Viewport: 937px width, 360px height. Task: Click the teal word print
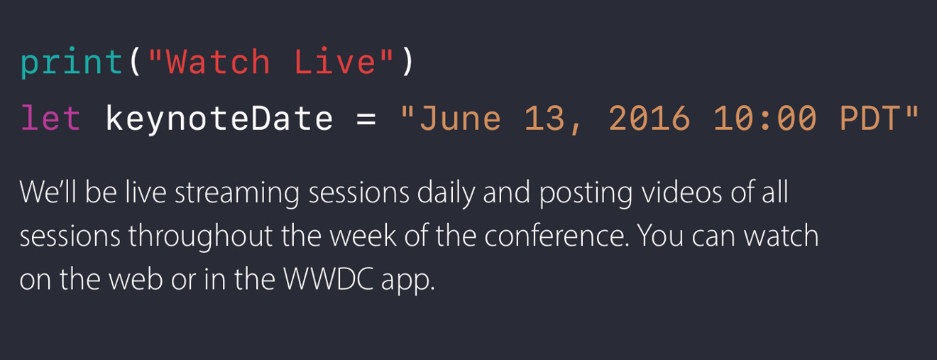click(72, 62)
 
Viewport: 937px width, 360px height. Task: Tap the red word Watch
click(219, 62)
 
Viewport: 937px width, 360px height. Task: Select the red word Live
click(335, 62)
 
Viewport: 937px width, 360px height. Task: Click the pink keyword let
click(50, 118)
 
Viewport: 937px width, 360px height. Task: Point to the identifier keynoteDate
click(219, 119)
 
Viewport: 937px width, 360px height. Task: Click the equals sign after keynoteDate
click(366, 119)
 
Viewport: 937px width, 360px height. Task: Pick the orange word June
click(460, 119)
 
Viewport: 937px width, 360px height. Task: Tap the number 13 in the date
click(544, 119)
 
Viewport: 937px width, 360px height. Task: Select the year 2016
click(649, 119)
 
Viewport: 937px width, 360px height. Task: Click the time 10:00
click(765, 119)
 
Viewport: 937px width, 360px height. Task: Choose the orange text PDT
click(870, 119)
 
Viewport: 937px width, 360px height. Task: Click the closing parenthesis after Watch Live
click(408, 62)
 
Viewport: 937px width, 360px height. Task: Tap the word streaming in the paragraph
click(237, 193)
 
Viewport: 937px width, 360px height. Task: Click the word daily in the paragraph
click(446, 193)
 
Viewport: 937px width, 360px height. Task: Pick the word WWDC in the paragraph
click(329, 279)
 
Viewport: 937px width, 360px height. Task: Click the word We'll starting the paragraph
click(48, 192)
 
